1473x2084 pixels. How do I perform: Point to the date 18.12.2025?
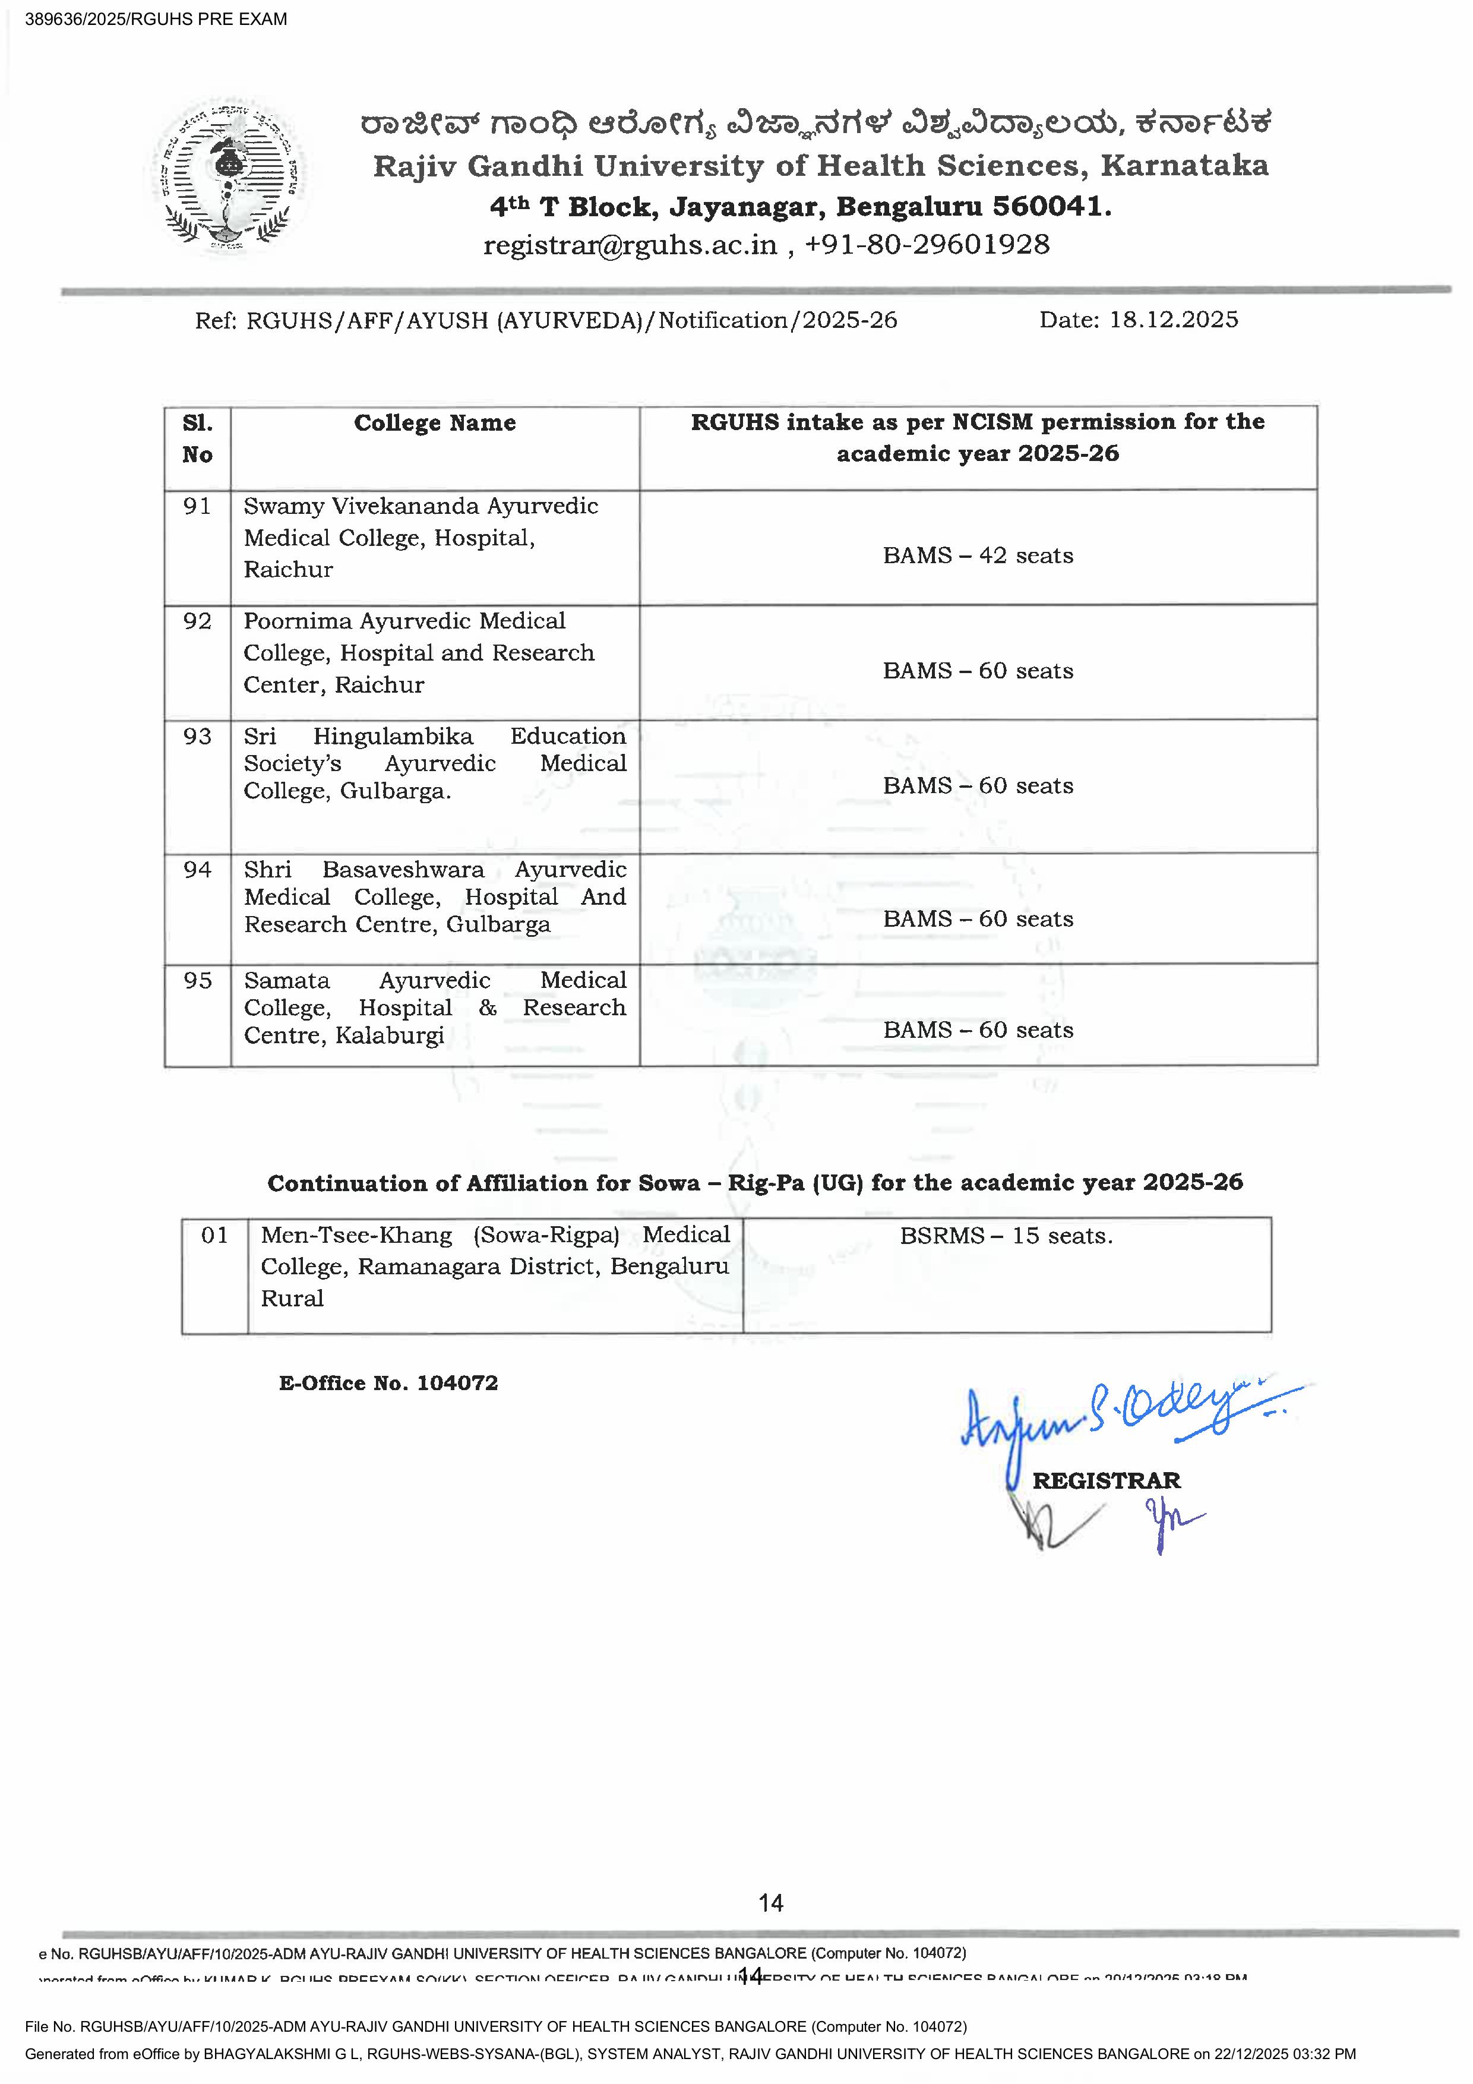coord(1174,320)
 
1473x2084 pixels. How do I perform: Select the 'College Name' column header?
coord(435,423)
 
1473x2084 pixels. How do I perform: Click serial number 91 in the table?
coord(197,507)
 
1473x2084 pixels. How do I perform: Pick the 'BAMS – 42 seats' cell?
coord(978,555)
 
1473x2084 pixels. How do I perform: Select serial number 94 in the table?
coord(197,870)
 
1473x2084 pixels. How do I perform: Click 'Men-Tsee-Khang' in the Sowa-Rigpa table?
coord(356,1235)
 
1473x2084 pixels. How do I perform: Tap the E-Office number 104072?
coord(457,1382)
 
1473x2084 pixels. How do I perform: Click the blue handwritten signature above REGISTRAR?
coord(1116,1412)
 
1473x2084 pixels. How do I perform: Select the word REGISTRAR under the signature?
coord(1107,1480)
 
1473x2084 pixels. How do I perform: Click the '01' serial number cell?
coord(214,1235)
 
